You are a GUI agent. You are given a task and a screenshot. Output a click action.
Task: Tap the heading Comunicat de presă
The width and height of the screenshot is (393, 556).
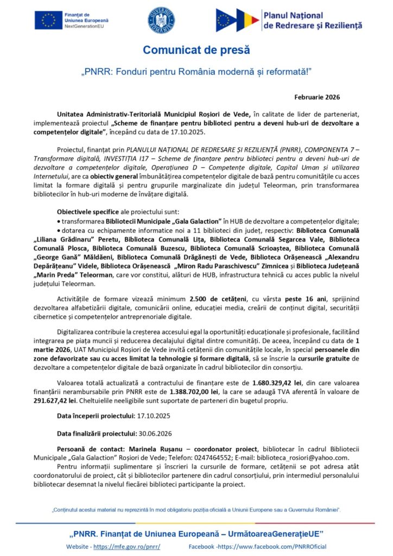[196, 50]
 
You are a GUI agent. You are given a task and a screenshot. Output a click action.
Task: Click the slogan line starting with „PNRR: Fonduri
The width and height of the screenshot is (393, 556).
[196, 71]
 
